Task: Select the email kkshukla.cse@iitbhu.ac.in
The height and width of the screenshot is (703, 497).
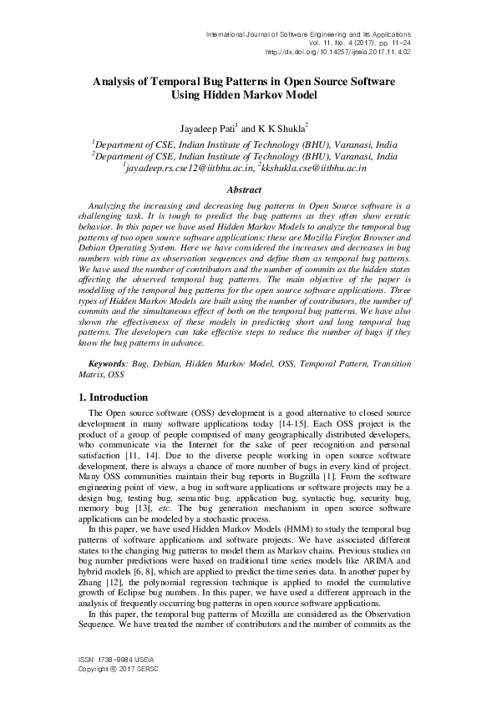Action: [322, 168]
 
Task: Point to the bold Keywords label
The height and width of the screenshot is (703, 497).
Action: [109, 365]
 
